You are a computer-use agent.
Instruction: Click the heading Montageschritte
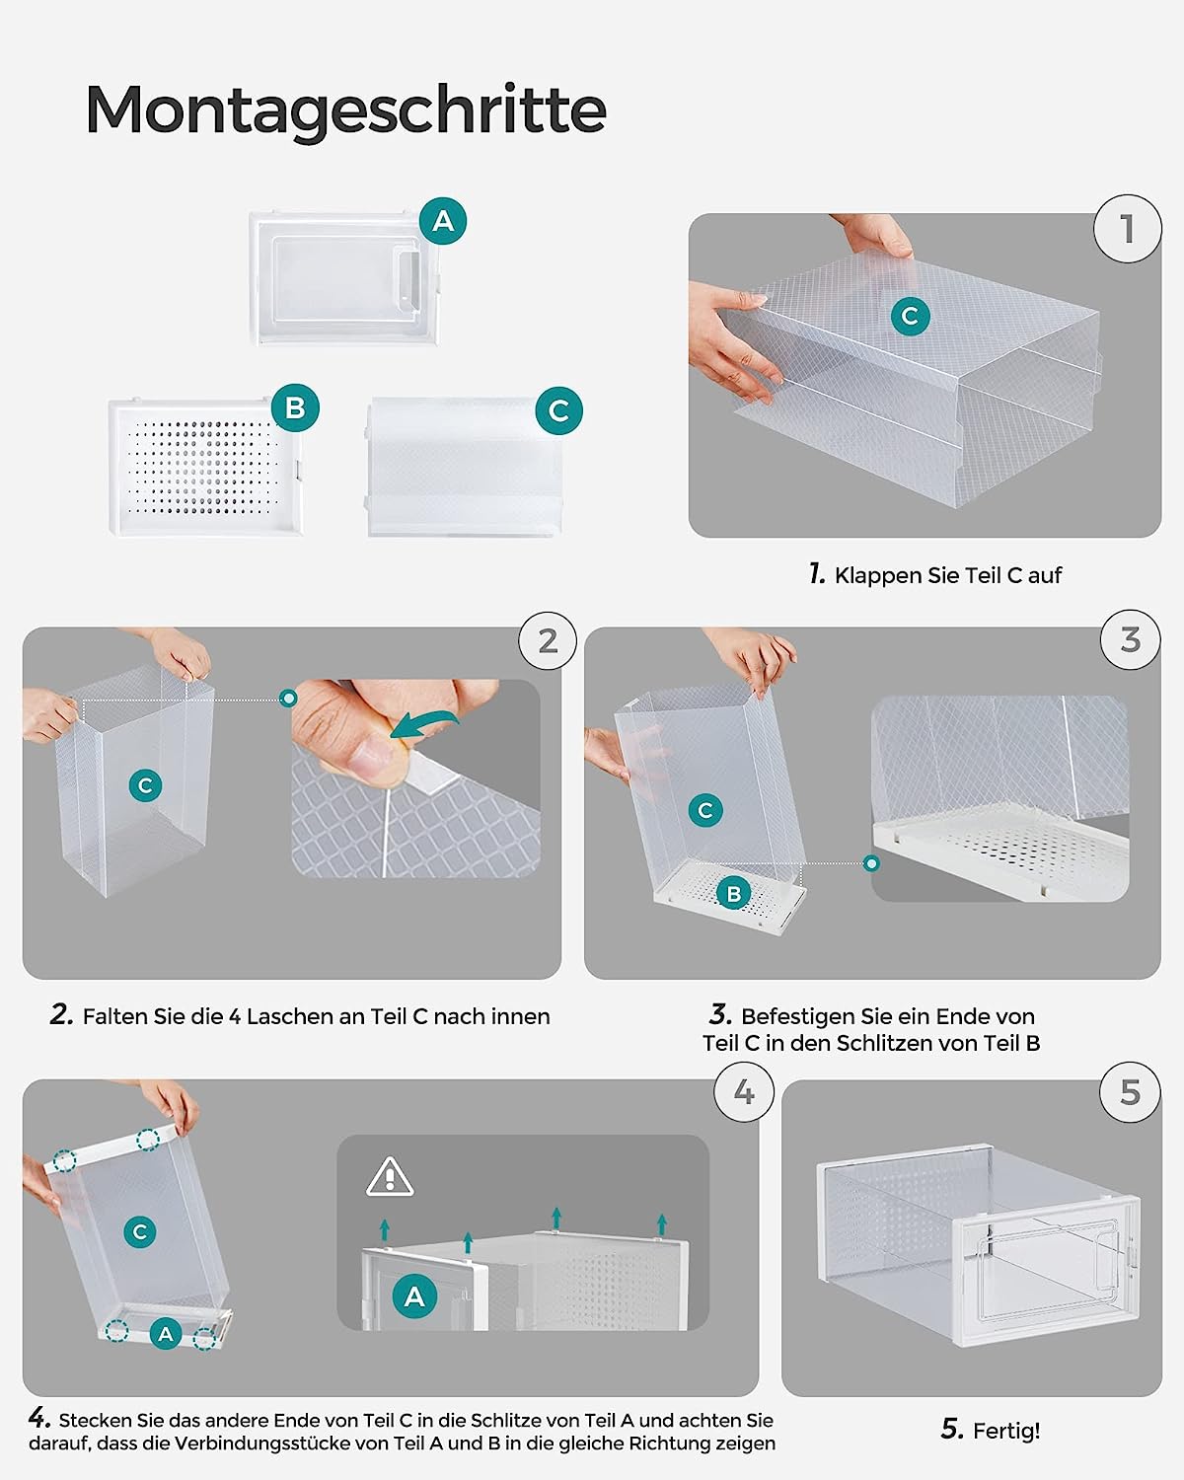coord(345,110)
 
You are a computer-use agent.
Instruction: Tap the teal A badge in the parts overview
coord(443,221)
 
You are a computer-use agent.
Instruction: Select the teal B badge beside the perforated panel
coord(295,407)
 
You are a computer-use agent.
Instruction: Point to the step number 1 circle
coord(1128,229)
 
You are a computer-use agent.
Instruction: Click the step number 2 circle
coord(548,641)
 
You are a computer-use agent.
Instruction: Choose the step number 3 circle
coord(1131,640)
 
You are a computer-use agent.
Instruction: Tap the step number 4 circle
coord(744,1092)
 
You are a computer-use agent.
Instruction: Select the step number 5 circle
coord(1131,1092)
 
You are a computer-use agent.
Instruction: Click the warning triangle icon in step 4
coord(390,1177)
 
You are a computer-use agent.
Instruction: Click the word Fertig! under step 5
coord(1006,1431)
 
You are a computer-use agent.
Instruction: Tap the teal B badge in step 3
coord(733,894)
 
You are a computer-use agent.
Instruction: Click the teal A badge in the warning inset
coord(414,1295)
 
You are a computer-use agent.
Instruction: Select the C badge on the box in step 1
coord(910,316)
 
